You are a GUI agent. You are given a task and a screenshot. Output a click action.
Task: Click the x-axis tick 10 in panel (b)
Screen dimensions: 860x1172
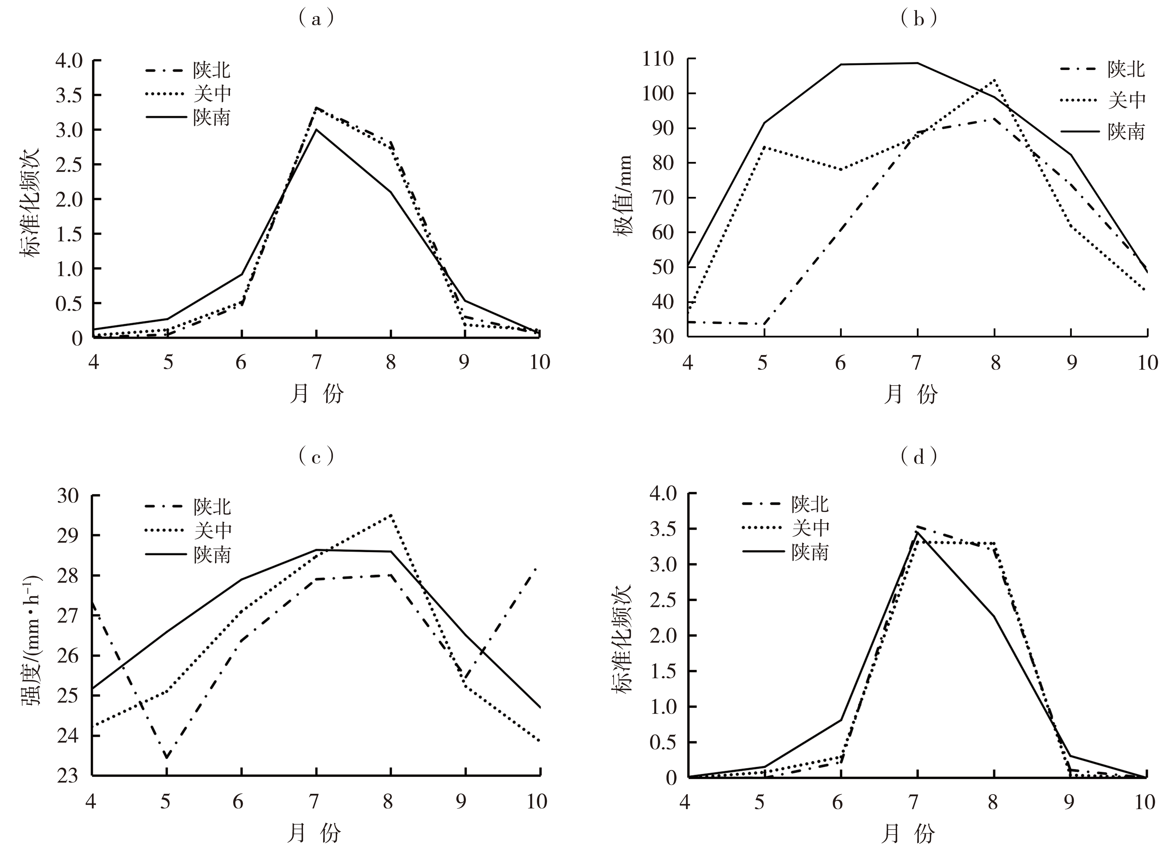(x=1147, y=362)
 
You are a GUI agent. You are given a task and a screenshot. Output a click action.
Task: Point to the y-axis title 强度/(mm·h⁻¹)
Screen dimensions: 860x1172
(x=31, y=640)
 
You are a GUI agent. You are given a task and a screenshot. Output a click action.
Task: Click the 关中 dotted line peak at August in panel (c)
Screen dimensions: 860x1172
(x=390, y=515)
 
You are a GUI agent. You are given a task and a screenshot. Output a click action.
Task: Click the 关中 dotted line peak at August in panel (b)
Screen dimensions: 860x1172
(x=995, y=80)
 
